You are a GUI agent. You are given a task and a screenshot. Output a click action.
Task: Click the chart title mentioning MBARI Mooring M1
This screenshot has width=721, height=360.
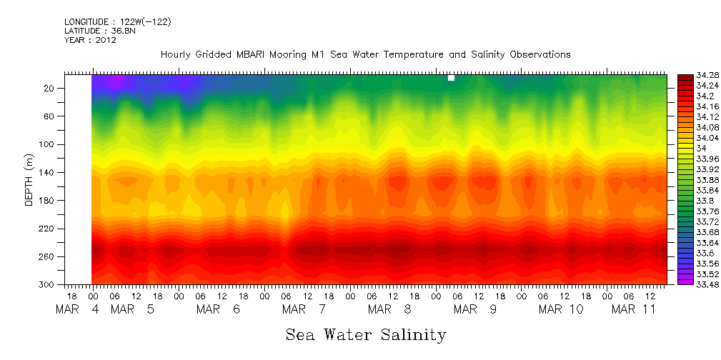(365, 54)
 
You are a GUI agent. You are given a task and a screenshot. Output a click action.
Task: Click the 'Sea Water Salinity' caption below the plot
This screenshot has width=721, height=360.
(366, 334)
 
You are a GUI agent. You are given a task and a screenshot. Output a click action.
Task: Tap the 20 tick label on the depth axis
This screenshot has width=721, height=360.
(50, 88)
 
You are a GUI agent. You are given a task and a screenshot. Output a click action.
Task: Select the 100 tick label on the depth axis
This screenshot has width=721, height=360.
(48, 144)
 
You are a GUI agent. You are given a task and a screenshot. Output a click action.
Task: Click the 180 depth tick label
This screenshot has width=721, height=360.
(48, 201)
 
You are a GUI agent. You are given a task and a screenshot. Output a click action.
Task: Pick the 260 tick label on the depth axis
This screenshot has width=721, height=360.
(48, 256)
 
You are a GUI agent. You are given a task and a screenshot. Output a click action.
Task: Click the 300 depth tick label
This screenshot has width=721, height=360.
(48, 285)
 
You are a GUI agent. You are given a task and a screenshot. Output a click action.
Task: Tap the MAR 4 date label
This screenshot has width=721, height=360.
(79, 309)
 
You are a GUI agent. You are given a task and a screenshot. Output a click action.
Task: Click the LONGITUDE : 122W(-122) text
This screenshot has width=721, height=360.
(117, 22)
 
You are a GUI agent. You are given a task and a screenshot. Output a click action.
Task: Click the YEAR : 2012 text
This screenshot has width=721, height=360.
(90, 40)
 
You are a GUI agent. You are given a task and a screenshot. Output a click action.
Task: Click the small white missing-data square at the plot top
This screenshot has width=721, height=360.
(451, 78)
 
